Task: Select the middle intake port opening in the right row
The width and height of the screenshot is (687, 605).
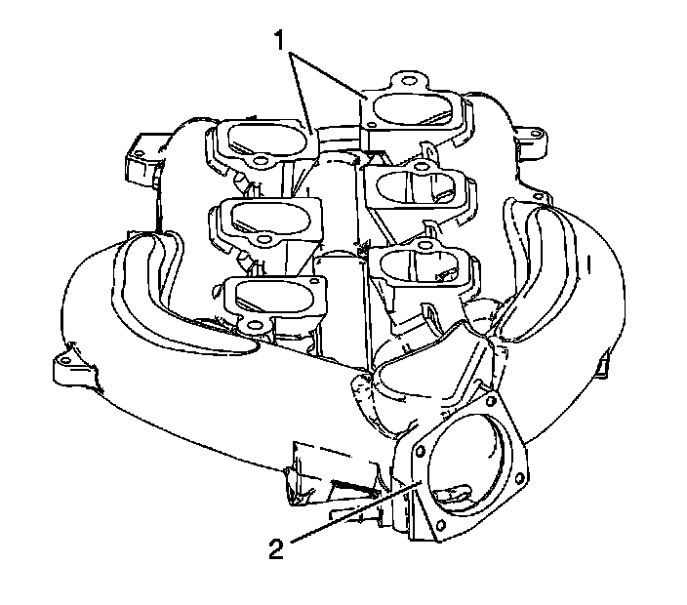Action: pyautogui.click(x=413, y=184)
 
